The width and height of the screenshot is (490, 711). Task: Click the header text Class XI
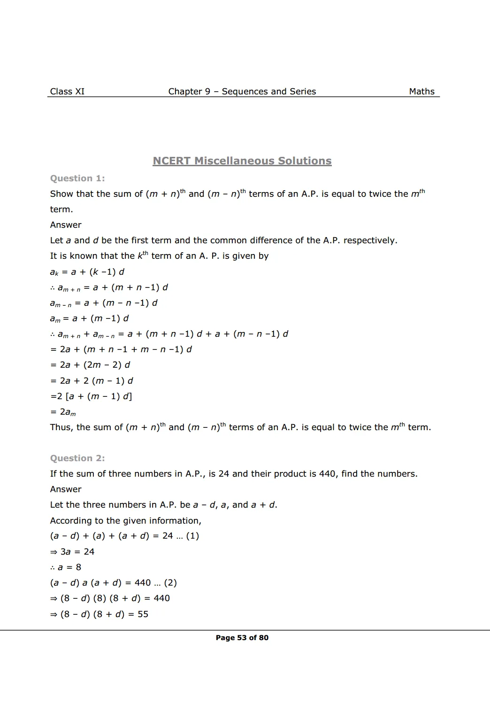(67, 92)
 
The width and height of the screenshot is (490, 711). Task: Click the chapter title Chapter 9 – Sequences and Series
(242, 92)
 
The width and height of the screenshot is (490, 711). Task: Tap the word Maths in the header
(421, 92)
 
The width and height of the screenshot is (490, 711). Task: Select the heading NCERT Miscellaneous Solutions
(242, 161)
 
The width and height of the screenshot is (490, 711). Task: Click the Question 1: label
(77, 178)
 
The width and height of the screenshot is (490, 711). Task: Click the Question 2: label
(77, 458)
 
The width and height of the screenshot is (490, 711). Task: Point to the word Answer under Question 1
(66, 225)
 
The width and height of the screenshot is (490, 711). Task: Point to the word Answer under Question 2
(66, 489)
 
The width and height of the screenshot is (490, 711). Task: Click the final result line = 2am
(63, 412)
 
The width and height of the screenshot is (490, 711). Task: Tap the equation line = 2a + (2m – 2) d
(90, 365)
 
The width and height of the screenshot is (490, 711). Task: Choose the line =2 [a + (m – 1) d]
(91, 396)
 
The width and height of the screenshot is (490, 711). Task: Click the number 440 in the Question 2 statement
(328, 474)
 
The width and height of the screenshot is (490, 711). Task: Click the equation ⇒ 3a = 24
(72, 552)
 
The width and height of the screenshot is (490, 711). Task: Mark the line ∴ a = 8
(66, 567)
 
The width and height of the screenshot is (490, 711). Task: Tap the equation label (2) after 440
(170, 583)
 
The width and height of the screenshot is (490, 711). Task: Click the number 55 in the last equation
(143, 614)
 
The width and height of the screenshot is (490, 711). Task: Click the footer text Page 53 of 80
(242, 638)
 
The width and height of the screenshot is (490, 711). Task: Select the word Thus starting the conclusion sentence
(61, 427)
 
